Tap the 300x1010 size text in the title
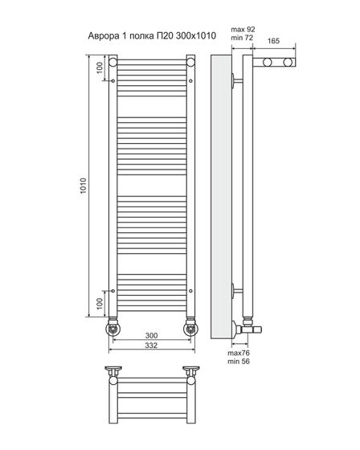coord(195,35)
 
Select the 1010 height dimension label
coord(83,186)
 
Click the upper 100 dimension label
coord(100,67)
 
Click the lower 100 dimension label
coord(100,304)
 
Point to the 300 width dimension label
coord(151,335)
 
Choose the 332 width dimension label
coord(151,346)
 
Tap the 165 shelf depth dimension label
coord(273,41)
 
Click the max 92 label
coord(243,29)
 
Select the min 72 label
coord(243,38)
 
